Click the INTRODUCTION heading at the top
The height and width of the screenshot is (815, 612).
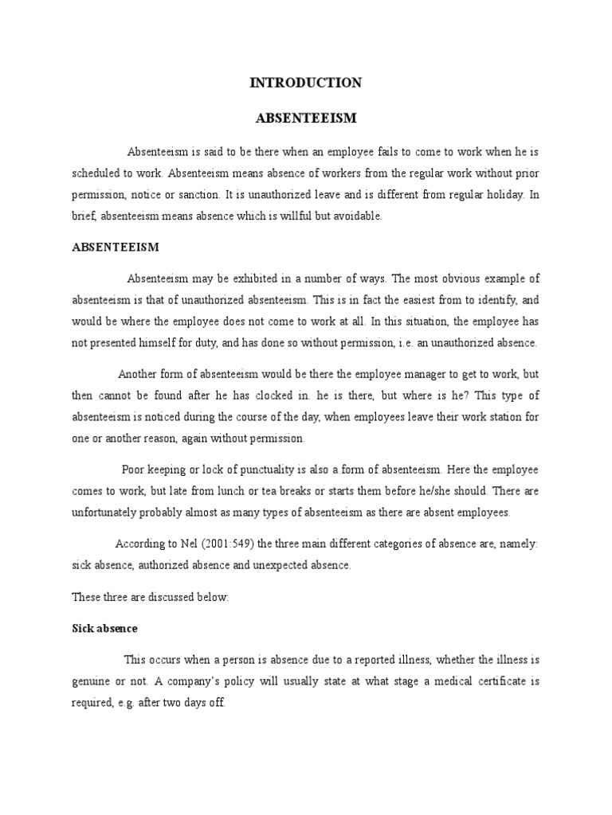click(306, 83)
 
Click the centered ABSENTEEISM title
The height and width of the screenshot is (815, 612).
click(306, 118)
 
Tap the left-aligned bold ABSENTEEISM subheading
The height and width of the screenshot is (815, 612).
click(116, 247)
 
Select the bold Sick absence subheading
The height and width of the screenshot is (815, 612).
click(104, 628)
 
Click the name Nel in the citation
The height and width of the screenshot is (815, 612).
click(188, 544)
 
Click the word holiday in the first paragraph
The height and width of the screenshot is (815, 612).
click(504, 194)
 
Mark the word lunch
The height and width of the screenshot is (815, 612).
click(233, 491)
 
